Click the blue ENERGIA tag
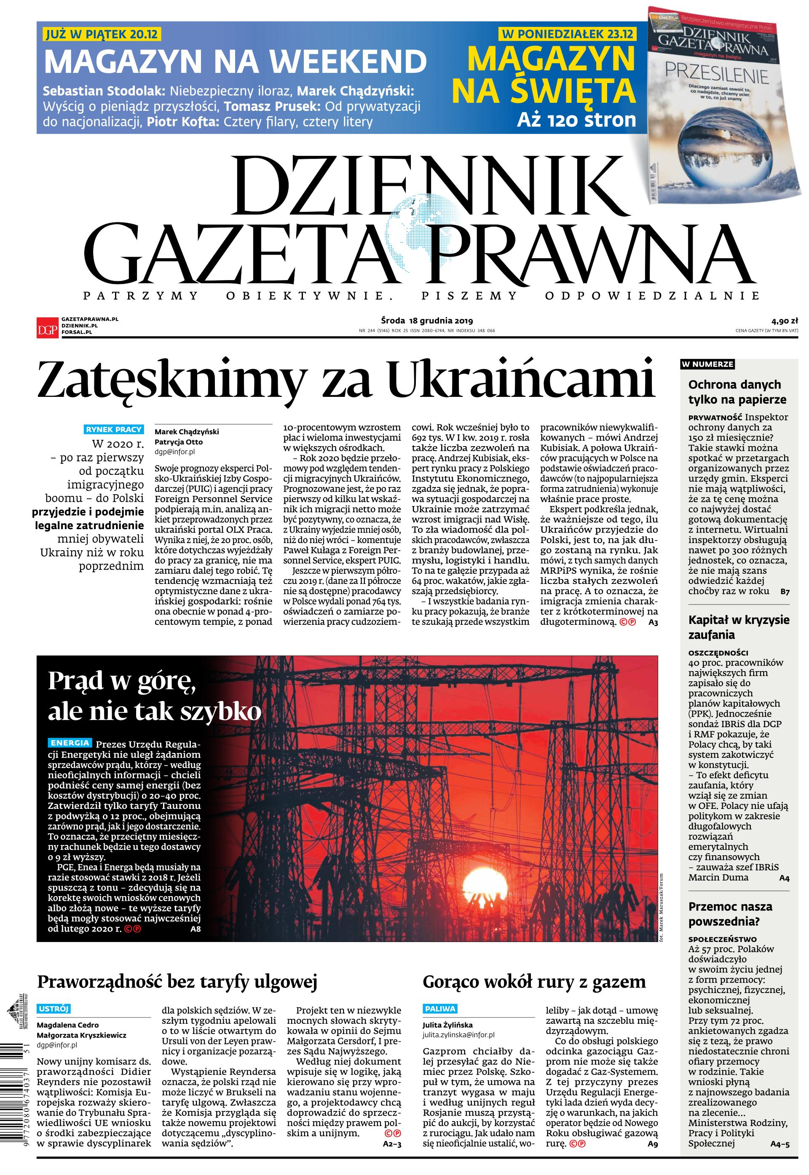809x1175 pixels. click(70, 743)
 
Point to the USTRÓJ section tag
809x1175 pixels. click(53, 1008)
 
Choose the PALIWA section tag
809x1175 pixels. click(440, 1008)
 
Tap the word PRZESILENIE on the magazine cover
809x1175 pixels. click(717, 75)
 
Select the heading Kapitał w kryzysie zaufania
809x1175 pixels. click(739, 627)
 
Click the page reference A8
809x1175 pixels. click(196, 929)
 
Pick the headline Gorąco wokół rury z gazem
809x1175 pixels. click(534, 982)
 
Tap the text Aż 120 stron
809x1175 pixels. click(576, 120)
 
